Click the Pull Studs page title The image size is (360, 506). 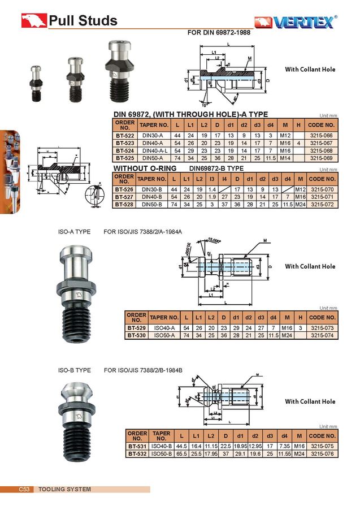(x=83, y=21)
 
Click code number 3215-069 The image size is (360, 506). (x=322, y=158)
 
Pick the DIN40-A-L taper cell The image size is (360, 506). (x=154, y=150)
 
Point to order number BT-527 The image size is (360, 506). (x=124, y=196)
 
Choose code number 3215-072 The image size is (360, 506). (x=322, y=204)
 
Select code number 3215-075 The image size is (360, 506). (x=322, y=446)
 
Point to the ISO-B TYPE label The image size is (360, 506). (x=75, y=370)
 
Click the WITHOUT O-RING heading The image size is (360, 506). (x=145, y=168)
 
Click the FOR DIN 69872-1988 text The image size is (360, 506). (x=218, y=32)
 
